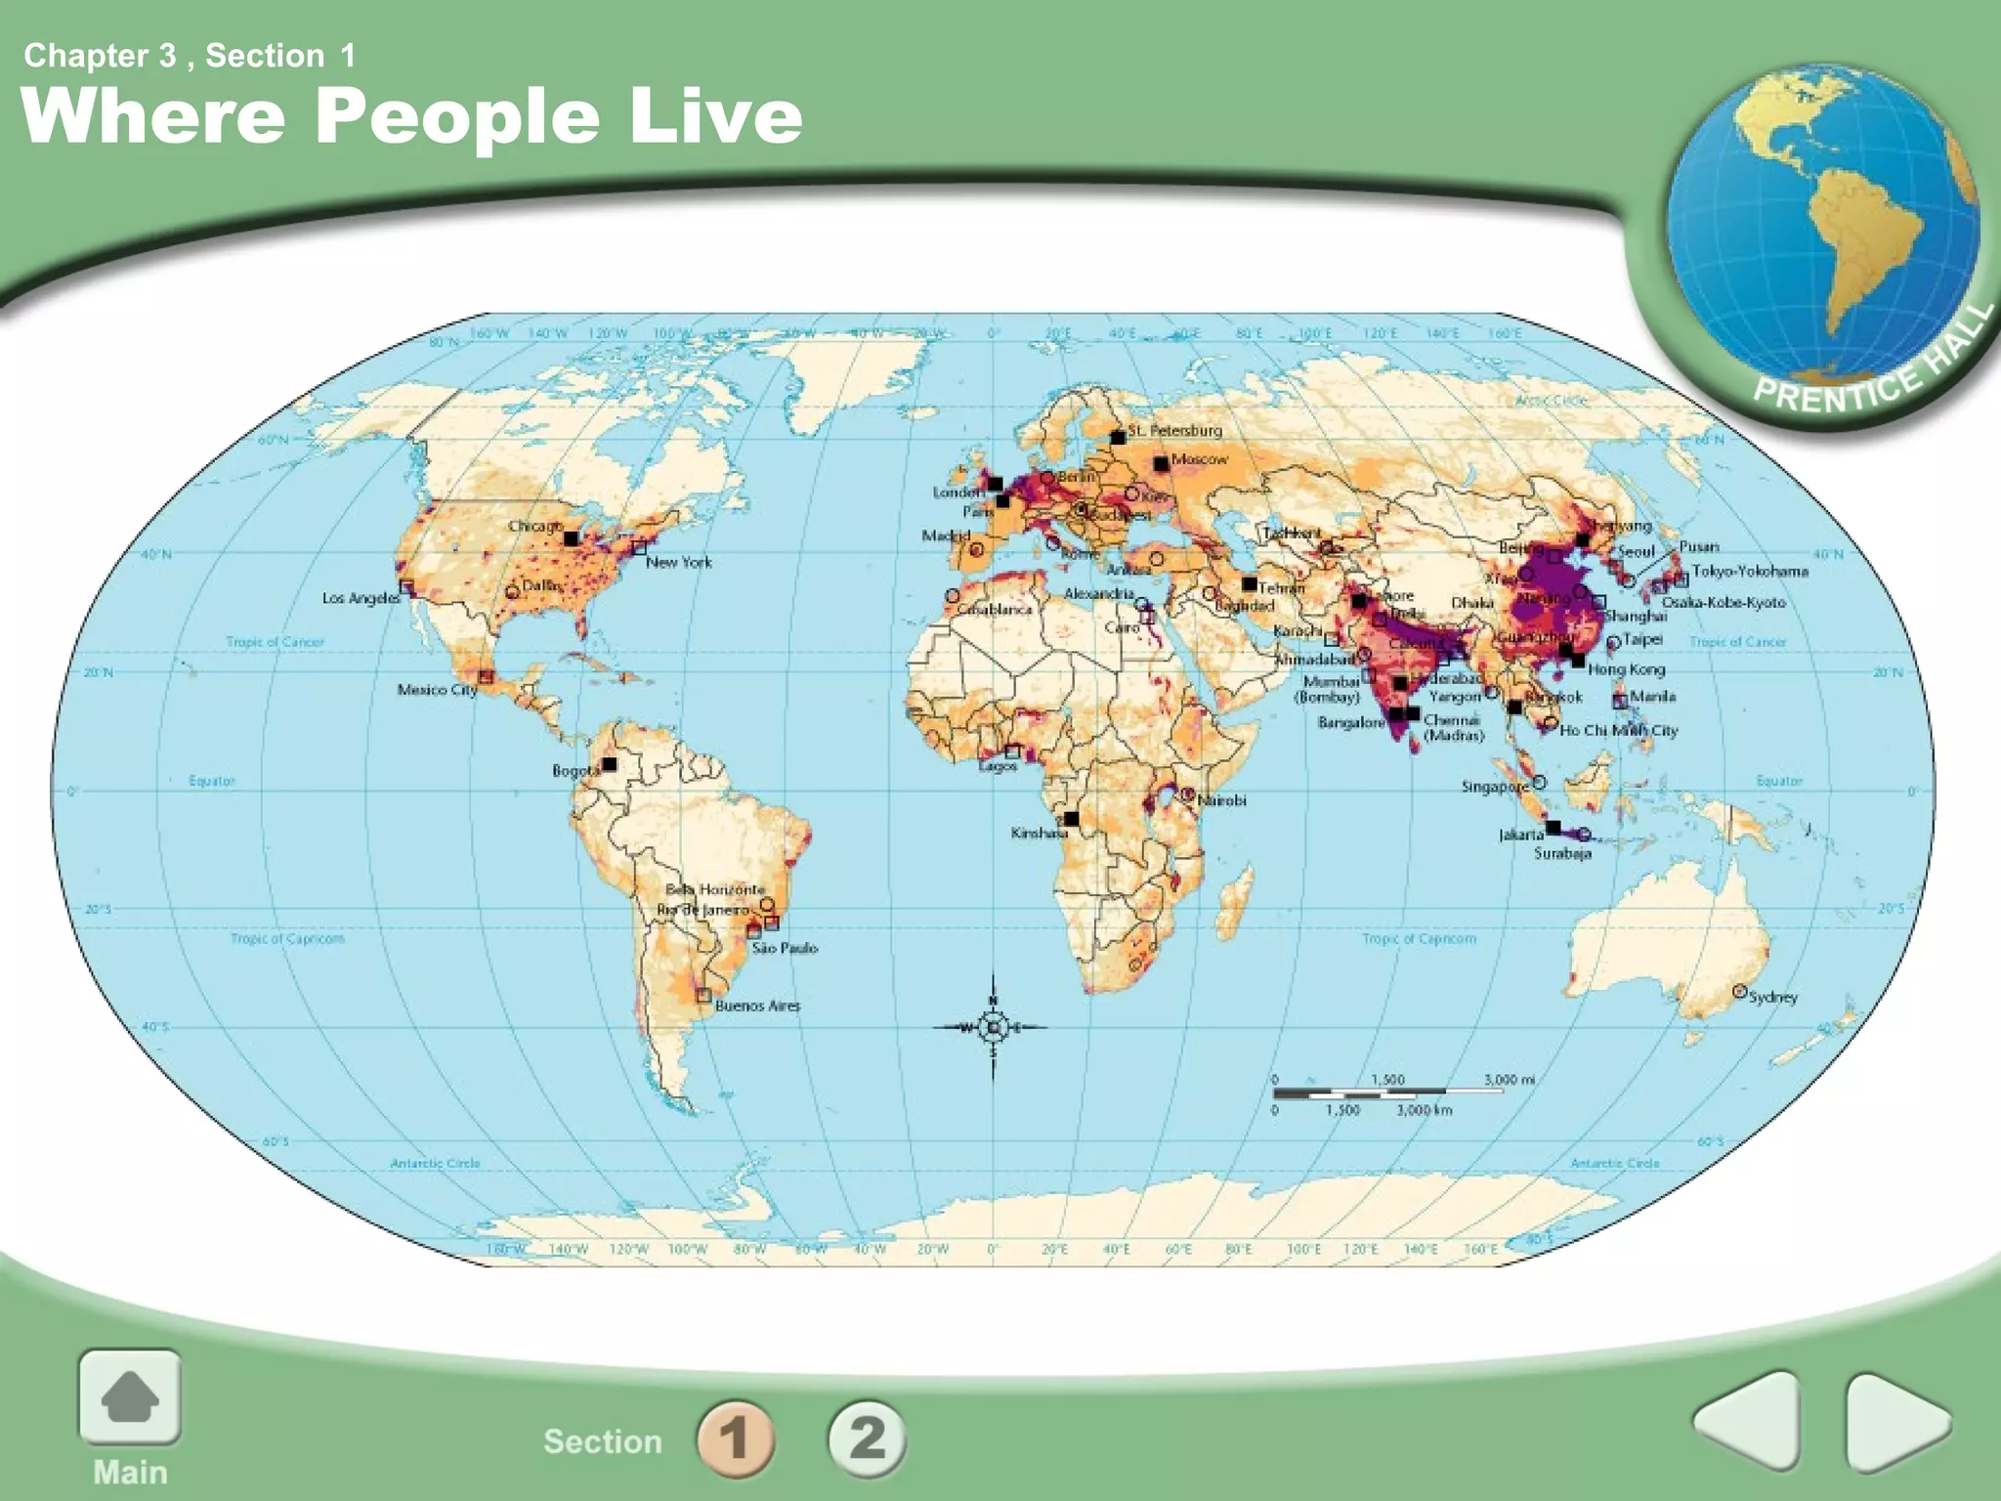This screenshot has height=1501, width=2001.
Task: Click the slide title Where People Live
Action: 410,115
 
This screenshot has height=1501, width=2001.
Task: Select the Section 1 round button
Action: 736,1437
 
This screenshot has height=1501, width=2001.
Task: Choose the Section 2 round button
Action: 867,1437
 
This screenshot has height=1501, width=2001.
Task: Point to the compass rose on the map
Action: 994,1027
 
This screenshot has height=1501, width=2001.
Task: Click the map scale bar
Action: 1387,1092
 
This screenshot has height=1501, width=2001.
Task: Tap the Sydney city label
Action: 1772,997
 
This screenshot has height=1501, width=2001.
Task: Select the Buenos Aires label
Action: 757,1006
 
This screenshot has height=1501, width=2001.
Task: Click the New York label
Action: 678,562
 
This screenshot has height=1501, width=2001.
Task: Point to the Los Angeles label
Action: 361,597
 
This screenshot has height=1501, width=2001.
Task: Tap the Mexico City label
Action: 437,690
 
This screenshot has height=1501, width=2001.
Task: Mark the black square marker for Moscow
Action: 1161,463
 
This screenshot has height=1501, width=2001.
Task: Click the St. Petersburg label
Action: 1174,430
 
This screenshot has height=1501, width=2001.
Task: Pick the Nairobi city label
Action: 1221,800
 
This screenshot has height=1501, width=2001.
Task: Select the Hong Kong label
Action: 1626,669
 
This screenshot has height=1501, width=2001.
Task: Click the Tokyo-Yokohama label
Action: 1750,571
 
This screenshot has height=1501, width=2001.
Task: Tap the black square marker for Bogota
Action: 610,764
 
